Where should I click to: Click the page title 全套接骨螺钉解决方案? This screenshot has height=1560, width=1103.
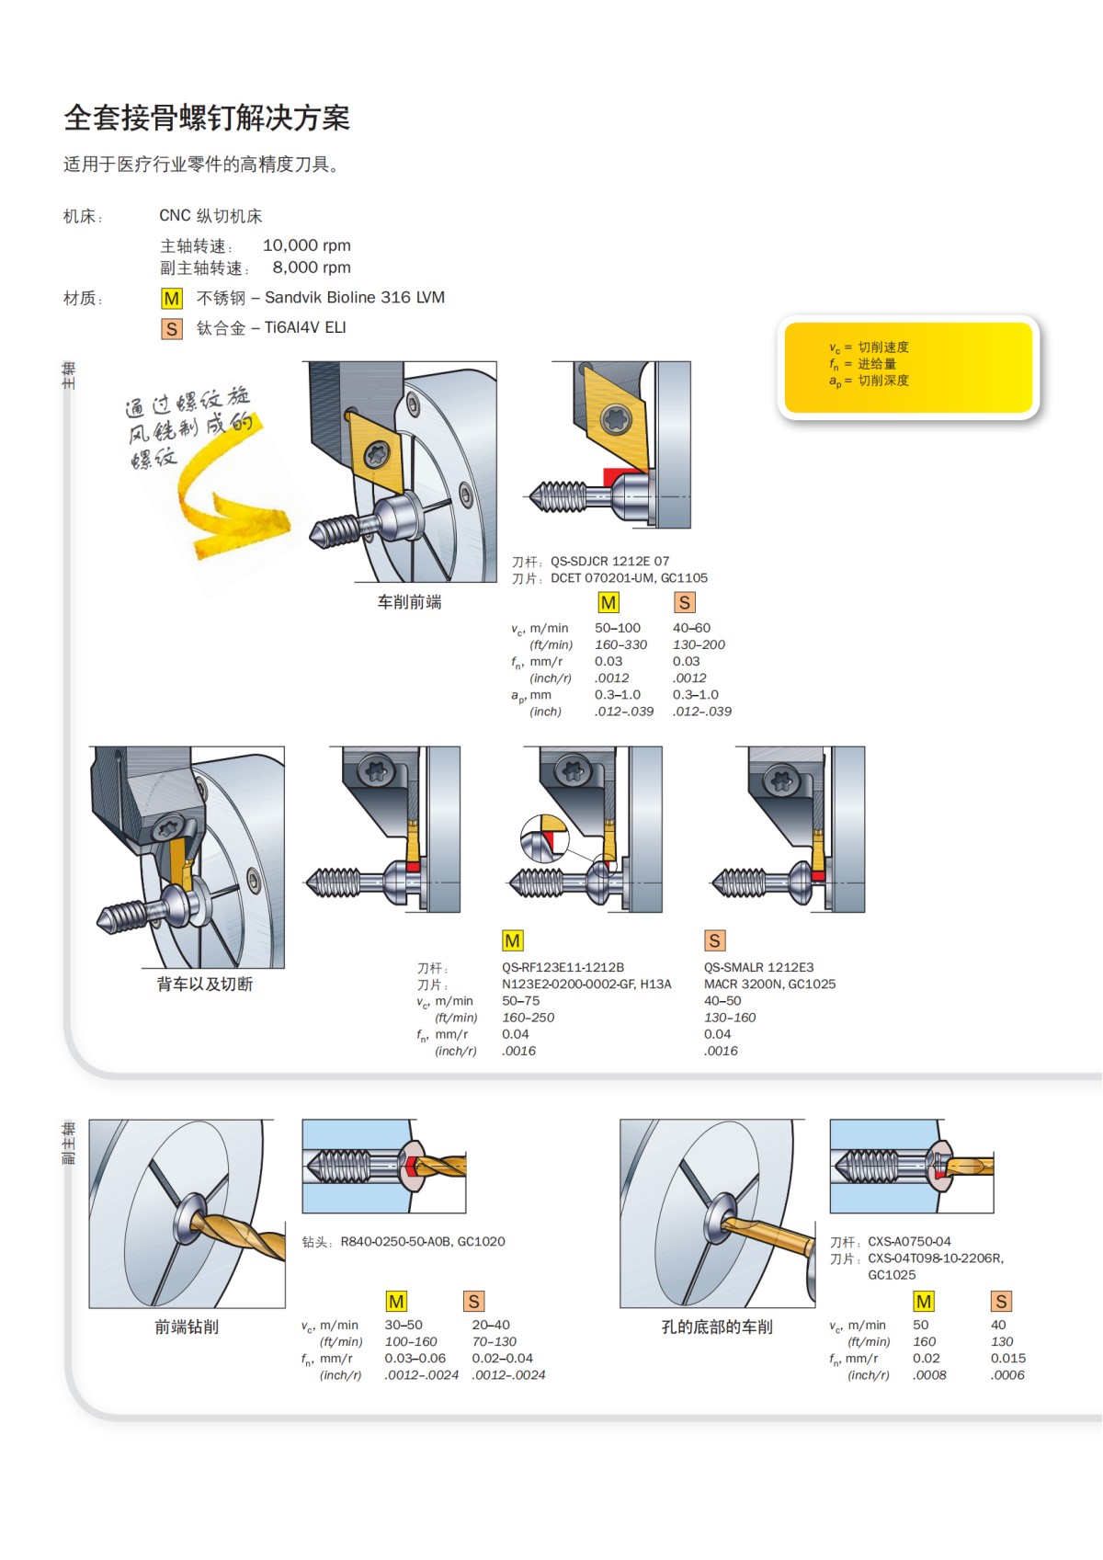(x=207, y=119)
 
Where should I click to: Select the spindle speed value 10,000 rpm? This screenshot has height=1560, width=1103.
(x=306, y=245)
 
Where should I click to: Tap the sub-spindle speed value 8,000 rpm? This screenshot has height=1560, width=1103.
(x=311, y=268)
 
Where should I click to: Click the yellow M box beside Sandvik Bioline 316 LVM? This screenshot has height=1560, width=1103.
(x=172, y=299)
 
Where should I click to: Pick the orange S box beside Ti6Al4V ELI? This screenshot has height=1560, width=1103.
(x=172, y=328)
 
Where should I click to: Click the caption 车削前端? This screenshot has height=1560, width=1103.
(x=409, y=602)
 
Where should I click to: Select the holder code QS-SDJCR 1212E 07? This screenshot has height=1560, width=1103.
(x=609, y=561)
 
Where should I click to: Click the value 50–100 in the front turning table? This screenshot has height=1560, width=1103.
(x=617, y=628)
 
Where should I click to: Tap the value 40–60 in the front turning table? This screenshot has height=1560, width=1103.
(x=691, y=628)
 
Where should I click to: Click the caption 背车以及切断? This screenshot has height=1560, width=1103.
(x=204, y=985)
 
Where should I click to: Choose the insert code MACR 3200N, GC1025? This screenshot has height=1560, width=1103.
(x=769, y=984)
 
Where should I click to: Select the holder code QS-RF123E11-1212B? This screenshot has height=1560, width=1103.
(x=563, y=967)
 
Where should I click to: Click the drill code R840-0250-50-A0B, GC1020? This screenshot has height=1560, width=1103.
(x=422, y=1242)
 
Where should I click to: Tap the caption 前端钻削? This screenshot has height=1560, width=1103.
(x=187, y=1327)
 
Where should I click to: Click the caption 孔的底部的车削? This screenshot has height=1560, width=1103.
(x=717, y=1327)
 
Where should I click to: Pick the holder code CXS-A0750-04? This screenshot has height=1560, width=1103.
(x=909, y=1242)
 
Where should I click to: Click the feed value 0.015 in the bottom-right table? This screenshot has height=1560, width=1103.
(x=1007, y=1359)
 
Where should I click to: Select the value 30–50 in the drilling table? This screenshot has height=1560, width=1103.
(x=404, y=1326)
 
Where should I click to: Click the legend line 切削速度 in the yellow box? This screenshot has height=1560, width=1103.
(x=882, y=347)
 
